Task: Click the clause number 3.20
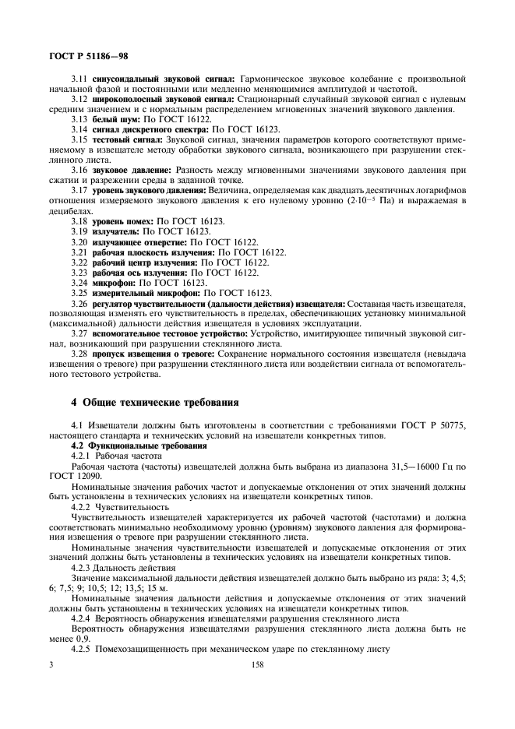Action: tap(79, 242)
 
